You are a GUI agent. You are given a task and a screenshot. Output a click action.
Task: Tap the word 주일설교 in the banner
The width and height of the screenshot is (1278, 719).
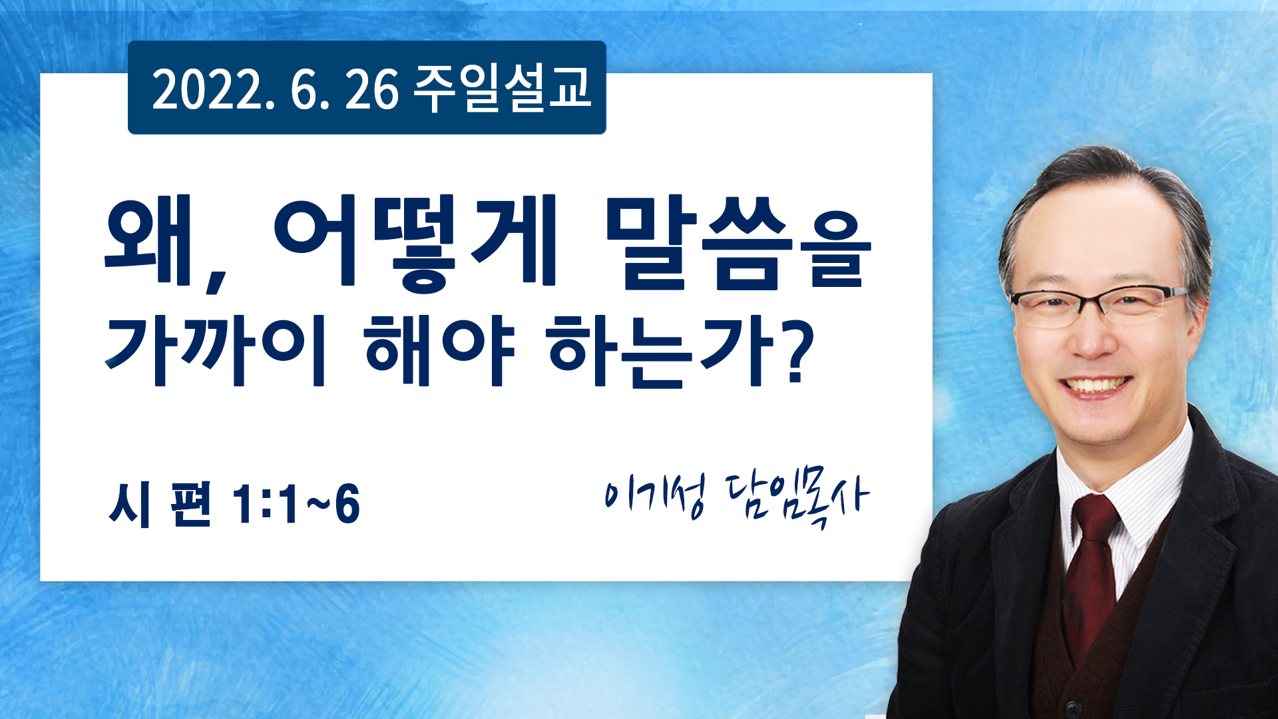(x=502, y=88)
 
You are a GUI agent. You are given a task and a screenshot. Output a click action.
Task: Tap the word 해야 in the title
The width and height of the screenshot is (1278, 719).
(x=439, y=351)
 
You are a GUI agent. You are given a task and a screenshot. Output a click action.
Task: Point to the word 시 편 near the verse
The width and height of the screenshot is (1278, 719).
(x=160, y=504)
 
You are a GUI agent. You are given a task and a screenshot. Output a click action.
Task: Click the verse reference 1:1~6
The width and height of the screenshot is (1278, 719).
(x=296, y=504)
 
